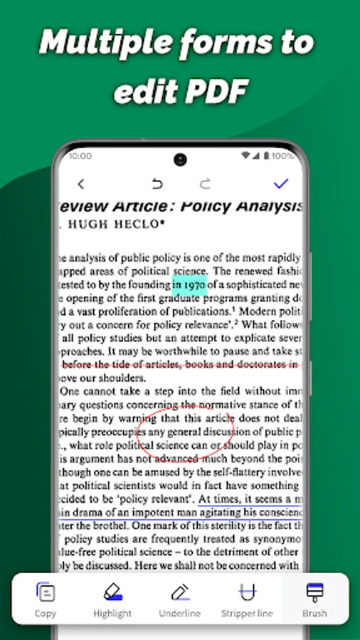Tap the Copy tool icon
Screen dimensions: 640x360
click(x=46, y=592)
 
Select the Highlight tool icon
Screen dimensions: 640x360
click(x=112, y=592)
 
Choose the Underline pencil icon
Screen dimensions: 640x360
click(x=179, y=592)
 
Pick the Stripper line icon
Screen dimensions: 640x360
click(x=247, y=592)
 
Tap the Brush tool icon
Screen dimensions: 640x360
click(x=314, y=592)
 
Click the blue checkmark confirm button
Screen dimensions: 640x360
click(x=281, y=183)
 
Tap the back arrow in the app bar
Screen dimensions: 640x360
click(x=80, y=184)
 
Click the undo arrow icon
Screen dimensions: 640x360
click(x=157, y=184)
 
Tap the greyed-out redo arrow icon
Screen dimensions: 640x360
click(x=205, y=184)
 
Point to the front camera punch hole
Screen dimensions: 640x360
click(x=179, y=159)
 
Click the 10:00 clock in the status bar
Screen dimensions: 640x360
click(x=80, y=156)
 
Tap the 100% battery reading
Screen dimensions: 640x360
click(x=282, y=156)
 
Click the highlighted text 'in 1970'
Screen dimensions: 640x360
click(x=189, y=285)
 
